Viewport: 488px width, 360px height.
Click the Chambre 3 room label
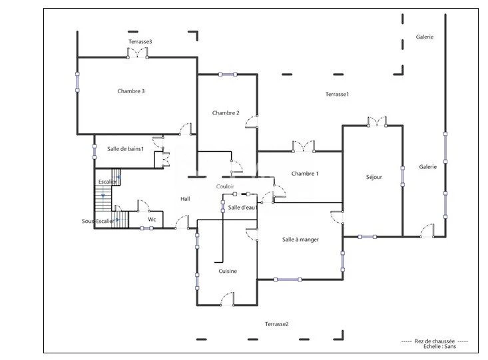point(130,91)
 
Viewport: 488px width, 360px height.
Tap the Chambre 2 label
point(226,113)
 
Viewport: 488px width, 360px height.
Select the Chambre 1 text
point(305,174)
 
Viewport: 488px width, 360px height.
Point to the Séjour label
point(373,177)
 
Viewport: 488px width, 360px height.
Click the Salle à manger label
point(300,240)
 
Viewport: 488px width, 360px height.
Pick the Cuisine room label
point(228,271)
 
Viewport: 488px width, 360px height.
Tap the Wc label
point(152,220)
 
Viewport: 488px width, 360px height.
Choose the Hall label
point(185,199)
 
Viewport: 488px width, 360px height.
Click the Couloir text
point(225,186)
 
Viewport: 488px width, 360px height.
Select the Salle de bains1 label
point(125,149)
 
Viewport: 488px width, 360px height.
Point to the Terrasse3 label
point(140,42)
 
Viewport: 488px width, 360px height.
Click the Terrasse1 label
point(337,94)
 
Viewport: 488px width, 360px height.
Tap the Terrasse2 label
point(277,324)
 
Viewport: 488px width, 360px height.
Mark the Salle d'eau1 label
point(243,208)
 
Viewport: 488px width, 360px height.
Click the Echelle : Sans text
point(439,346)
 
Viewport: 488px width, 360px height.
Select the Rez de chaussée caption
point(435,341)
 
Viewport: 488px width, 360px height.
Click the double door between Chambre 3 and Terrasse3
point(137,53)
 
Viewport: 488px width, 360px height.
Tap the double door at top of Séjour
point(377,122)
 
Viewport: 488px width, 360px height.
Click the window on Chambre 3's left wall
point(77,82)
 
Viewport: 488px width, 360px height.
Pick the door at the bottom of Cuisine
point(228,299)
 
